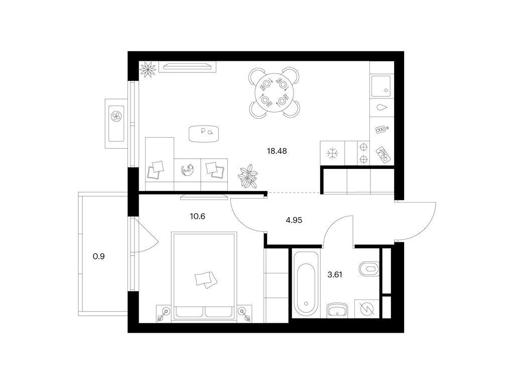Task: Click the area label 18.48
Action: pos(277,151)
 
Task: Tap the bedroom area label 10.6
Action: pos(197,216)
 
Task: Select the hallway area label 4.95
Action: pos(294,220)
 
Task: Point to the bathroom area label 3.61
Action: pos(335,275)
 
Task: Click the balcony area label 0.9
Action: pos(99,256)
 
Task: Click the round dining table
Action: pos(274,92)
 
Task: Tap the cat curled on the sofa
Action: pos(188,170)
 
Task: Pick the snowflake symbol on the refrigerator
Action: pos(332,153)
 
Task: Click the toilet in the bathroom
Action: pos(369,269)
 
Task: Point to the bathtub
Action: pos(306,283)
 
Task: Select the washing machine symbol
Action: pos(367,309)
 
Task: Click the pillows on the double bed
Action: pos(205,279)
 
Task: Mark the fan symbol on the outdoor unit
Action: pos(116,116)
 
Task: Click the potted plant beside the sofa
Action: pos(248,176)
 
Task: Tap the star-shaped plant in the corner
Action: pos(148,69)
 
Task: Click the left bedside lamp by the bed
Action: pos(164,314)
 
